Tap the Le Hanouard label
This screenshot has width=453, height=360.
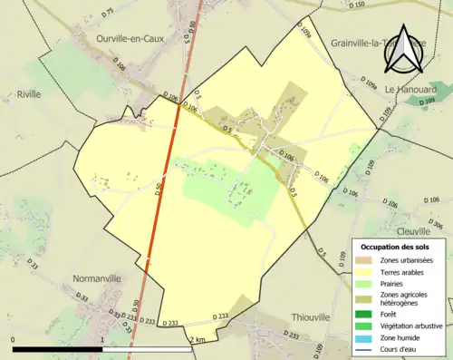[410, 90]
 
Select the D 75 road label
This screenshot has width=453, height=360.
[108, 14]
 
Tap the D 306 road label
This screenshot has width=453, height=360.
[434, 224]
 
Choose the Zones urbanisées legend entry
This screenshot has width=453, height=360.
[408, 260]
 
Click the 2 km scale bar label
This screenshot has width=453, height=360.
[199, 339]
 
